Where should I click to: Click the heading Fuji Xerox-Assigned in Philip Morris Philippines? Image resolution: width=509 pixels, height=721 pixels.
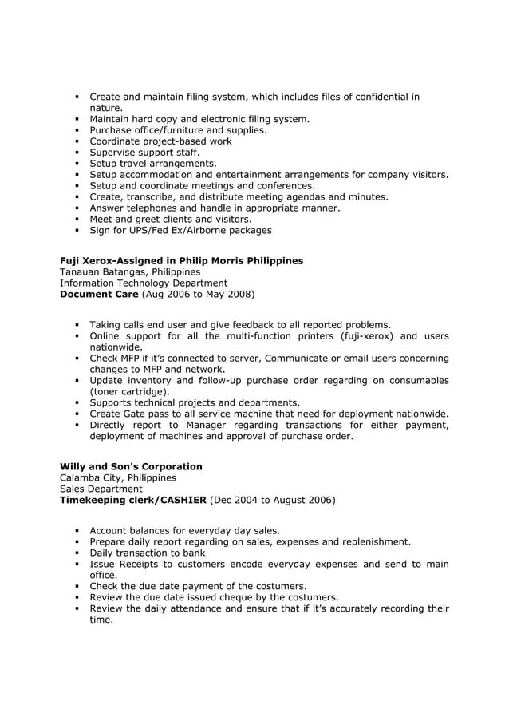(x=181, y=261)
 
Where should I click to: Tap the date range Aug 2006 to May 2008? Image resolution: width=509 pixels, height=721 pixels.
(x=198, y=295)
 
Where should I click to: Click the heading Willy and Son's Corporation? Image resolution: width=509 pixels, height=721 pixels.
(x=131, y=466)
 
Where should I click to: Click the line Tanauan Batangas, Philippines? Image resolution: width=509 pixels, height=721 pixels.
(x=130, y=272)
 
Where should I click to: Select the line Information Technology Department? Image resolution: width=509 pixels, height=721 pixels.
(x=144, y=283)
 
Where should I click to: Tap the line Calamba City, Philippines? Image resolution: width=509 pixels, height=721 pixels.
(x=118, y=477)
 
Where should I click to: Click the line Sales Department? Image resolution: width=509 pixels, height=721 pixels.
(x=101, y=489)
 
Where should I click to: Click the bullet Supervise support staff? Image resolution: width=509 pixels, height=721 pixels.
(x=144, y=153)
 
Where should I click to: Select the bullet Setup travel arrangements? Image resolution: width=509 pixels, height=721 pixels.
(x=152, y=164)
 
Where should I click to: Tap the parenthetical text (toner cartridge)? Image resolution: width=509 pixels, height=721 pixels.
(x=129, y=392)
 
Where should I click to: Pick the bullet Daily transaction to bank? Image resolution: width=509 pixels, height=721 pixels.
(x=147, y=553)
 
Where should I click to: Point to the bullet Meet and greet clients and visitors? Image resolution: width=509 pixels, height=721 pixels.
(x=170, y=220)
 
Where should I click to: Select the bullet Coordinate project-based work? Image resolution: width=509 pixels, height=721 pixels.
(x=160, y=141)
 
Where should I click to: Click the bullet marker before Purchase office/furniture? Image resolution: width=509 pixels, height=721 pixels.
(x=77, y=130)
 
